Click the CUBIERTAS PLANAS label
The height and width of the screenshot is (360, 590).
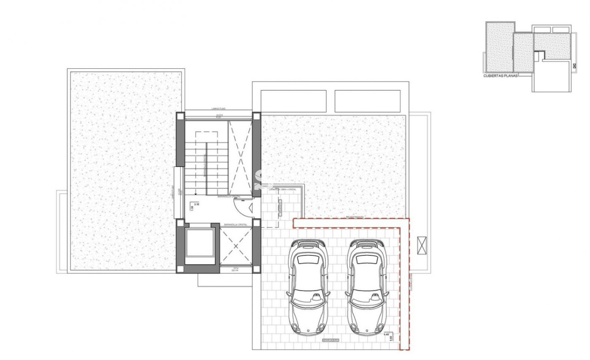(x=500, y=76)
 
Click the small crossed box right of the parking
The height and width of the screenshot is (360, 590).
(x=423, y=245)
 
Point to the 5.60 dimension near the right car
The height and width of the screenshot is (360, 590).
(x=391, y=338)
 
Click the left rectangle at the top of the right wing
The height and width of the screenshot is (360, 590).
(x=293, y=101)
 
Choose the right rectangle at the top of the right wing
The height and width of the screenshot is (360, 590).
(x=367, y=101)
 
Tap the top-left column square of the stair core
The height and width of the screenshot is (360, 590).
(x=179, y=115)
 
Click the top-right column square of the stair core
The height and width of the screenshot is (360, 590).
(x=256, y=115)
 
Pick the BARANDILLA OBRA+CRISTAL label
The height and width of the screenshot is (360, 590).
(x=282, y=189)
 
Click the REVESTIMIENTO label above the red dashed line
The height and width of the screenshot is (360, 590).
(x=355, y=217)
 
